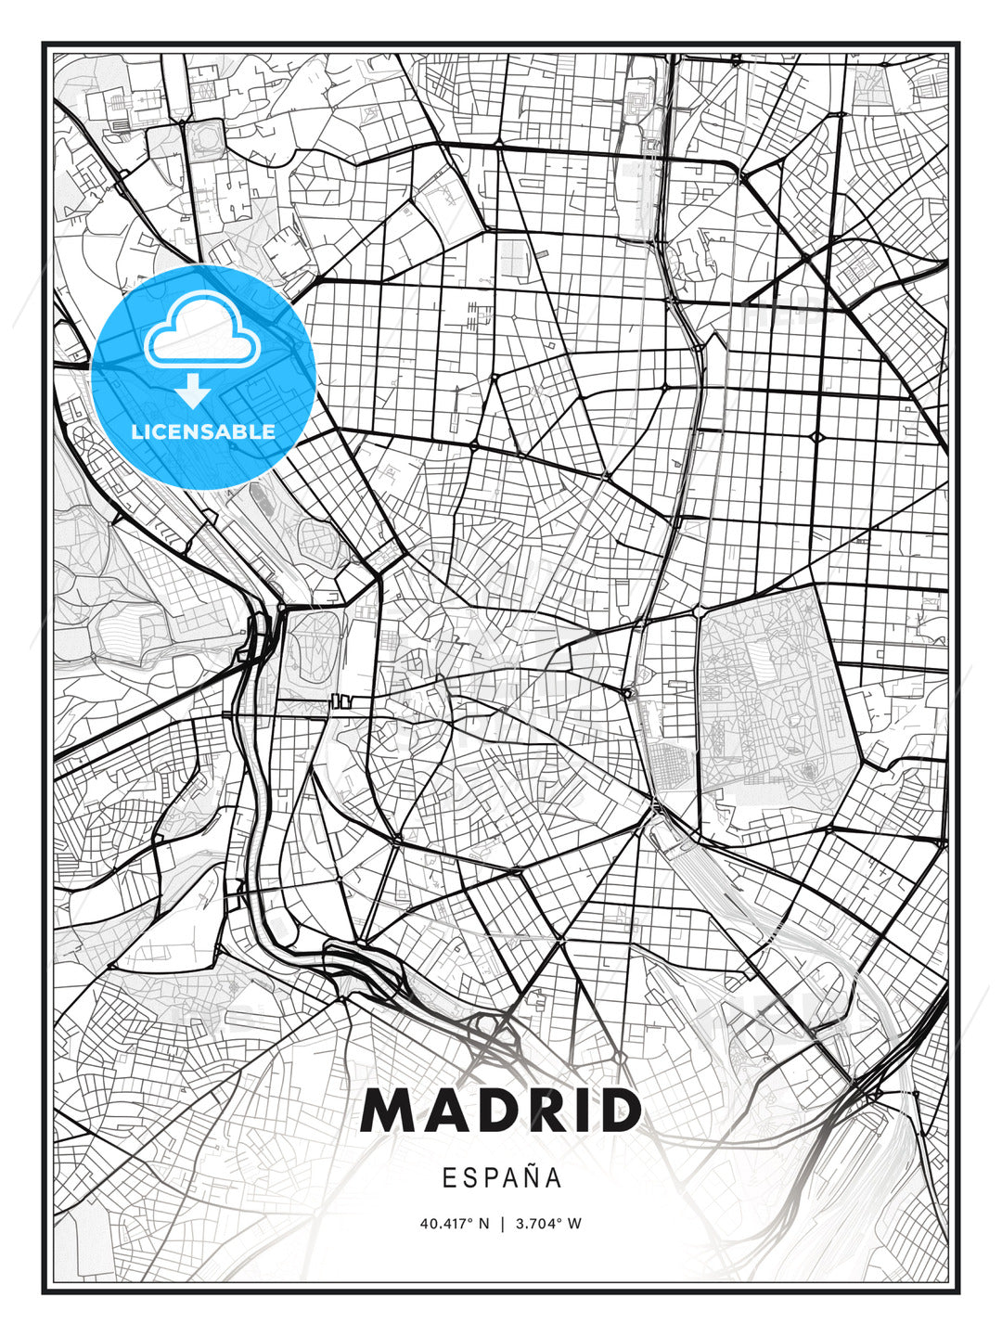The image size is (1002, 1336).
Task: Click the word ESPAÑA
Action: (502, 1178)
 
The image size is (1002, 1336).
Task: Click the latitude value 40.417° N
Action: (454, 1224)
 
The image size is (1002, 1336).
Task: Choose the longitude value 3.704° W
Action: (549, 1224)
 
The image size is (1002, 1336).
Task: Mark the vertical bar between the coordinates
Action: (502, 1224)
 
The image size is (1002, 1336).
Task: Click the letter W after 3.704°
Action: (575, 1224)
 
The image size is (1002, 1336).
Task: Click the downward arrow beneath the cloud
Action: (193, 391)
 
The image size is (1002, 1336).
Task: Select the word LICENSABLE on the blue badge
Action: (203, 431)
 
